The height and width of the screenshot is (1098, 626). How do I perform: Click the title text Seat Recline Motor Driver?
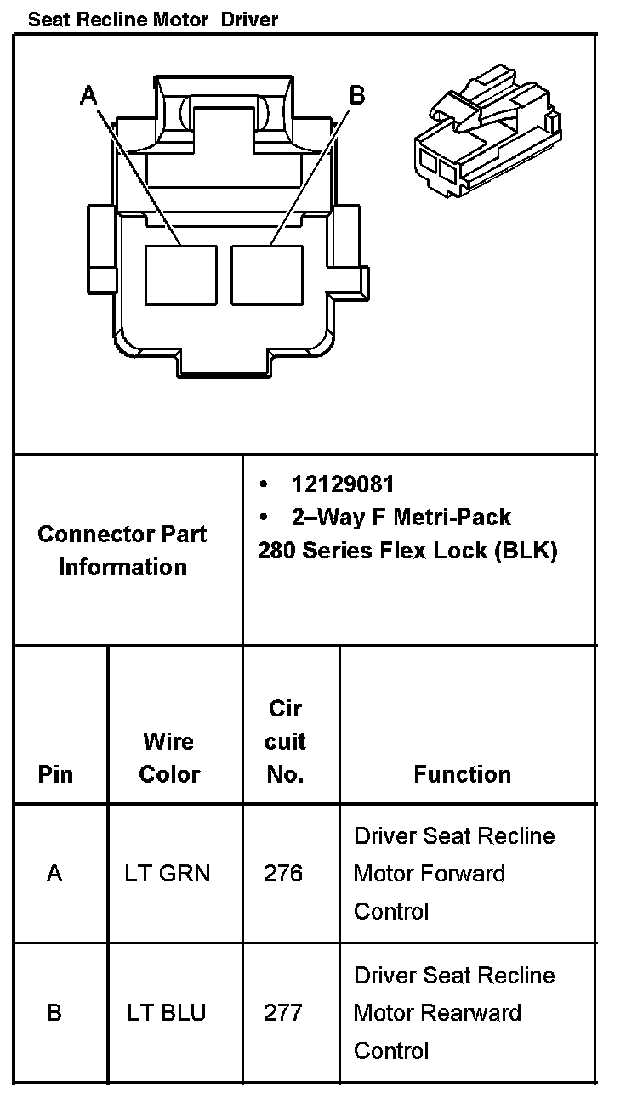click(x=153, y=19)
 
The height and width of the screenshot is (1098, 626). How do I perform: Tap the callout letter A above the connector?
click(x=88, y=95)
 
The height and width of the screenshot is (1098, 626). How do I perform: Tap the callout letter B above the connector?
click(x=357, y=95)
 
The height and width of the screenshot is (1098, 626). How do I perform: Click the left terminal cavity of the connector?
click(x=180, y=274)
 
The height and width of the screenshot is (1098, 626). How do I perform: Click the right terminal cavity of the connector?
click(x=267, y=274)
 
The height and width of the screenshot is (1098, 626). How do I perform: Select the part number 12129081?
click(x=343, y=484)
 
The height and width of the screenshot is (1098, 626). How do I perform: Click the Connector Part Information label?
click(x=122, y=551)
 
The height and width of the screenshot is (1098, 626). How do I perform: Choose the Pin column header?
click(x=55, y=774)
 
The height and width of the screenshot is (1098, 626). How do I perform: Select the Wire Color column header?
click(x=169, y=757)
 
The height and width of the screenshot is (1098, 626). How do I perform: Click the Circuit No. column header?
click(x=285, y=741)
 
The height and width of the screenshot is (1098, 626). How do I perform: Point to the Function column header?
click(x=462, y=774)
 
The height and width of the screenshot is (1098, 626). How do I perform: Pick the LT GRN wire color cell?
click(x=168, y=873)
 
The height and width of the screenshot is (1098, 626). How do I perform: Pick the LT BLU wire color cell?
click(x=167, y=1013)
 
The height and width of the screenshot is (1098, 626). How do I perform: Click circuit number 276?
click(x=283, y=873)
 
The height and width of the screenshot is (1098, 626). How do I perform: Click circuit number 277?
click(x=283, y=1013)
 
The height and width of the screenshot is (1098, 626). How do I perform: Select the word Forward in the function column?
click(x=467, y=874)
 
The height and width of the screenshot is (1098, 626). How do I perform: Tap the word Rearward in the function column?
click(x=473, y=1013)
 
